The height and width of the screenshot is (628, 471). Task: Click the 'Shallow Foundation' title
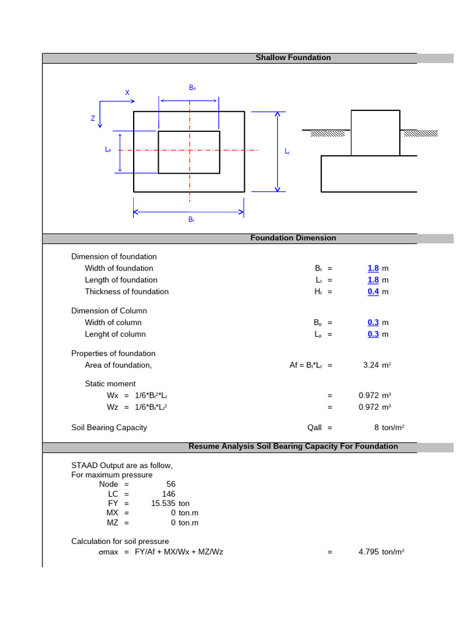293,58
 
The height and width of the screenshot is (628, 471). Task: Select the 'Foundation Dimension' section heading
293,238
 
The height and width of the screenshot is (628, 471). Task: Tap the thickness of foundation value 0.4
373,292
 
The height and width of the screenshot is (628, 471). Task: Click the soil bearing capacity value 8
377,428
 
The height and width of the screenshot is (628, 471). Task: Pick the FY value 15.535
163,504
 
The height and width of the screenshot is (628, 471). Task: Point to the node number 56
170,484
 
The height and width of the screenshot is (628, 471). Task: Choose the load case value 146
169,494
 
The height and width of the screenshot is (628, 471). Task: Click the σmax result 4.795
369,552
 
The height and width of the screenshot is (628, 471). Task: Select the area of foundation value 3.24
370,366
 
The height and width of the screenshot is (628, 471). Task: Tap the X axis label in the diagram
128,93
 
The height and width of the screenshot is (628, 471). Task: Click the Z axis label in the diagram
93,118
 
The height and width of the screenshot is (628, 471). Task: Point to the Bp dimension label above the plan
192,88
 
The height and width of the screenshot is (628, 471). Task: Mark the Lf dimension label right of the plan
287,151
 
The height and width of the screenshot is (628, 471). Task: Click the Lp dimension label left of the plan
108,150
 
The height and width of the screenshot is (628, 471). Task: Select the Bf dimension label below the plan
191,220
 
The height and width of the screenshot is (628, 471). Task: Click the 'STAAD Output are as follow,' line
122,465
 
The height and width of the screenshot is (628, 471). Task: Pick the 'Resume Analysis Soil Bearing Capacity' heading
293,446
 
